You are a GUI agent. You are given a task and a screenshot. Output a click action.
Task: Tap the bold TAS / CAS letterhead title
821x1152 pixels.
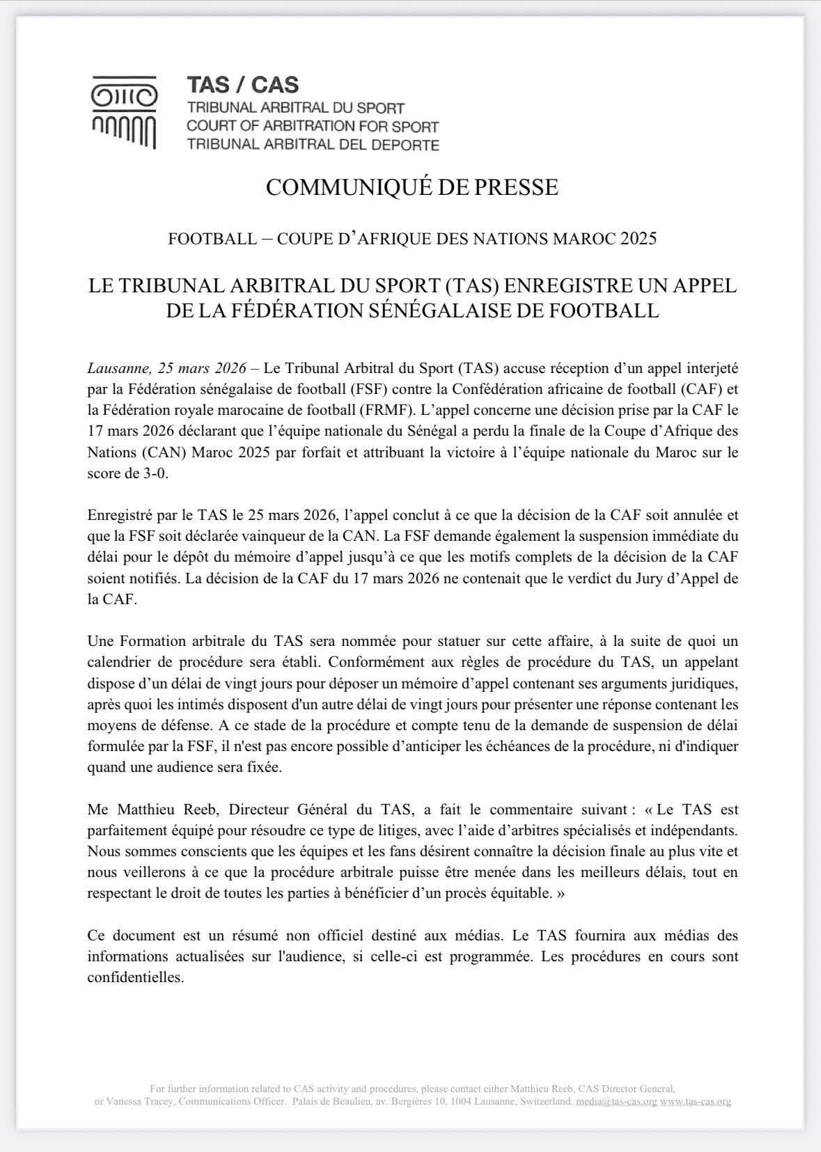click(x=242, y=85)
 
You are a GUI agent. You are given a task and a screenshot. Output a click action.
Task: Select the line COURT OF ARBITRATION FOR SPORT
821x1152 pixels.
click(x=313, y=127)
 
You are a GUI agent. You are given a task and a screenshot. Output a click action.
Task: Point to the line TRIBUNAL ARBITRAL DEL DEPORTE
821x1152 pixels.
click(x=313, y=145)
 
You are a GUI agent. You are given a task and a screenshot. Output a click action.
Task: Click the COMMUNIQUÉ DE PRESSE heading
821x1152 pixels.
click(x=412, y=188)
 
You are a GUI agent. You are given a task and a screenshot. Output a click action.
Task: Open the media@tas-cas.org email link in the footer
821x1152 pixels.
click(x=616, y=1102)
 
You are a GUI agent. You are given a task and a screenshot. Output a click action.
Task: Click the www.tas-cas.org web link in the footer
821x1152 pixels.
click(x=695, y=1102)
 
